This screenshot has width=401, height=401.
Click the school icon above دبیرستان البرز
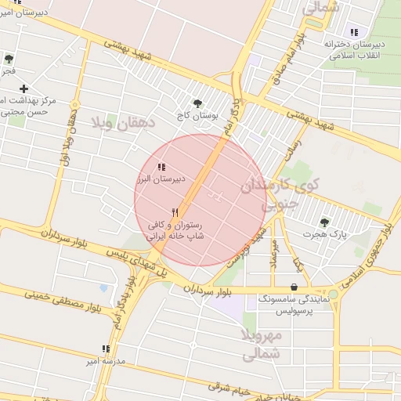pyautogui.click(x=161, y=167)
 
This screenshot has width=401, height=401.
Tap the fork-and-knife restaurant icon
pyautogui.click(x=175, y=212)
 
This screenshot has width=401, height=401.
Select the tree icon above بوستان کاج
pyautogui.click(x=197, y=103)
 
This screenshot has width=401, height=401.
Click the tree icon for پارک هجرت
pyautogui.click(x=324, y=222)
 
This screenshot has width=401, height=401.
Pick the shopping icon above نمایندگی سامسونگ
pyautogui.click(x=294, y=287)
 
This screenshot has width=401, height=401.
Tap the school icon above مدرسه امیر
pyautogui.click(x=106, y=349)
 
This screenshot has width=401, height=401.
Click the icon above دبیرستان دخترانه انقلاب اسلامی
pyautogui.click(x=354, y=32)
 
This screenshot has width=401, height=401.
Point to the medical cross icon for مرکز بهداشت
pyautogui.click(x=24, y=89)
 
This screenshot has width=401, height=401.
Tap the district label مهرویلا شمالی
pyautogui.click(x=262, y=345)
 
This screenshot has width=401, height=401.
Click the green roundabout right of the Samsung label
pyautogui.click(x=333, y=294)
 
